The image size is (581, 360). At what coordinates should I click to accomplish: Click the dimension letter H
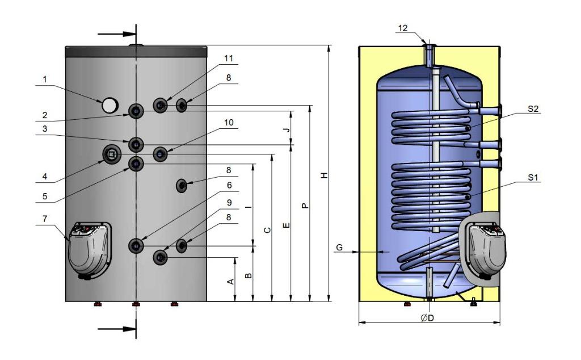pyautogui.click(x=323, y=175)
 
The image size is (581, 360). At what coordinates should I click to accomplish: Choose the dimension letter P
pyautogui.click(x=305, y=206)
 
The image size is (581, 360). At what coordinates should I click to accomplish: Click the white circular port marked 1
pyautogui.click(x=110, y=104)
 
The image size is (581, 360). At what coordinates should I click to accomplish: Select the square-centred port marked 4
pyautogui.click(x=111, y=153)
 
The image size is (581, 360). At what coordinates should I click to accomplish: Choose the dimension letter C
pyautogui.click(x=267, y=230)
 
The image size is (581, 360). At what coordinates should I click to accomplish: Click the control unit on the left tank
pyautogui.click(x=89, y=250)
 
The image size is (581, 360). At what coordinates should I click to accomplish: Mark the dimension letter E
pyautogui.click(x=287, y=226)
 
